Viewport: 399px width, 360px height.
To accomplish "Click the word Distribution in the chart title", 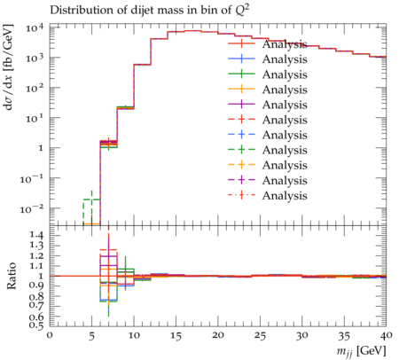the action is pos(78,11).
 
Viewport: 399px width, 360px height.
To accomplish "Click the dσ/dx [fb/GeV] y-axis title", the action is pos(9,67).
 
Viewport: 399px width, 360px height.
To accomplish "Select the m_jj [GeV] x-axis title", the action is pos(361,351).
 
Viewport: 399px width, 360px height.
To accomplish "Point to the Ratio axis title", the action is pos(11,275).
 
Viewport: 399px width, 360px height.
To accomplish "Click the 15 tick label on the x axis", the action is pos(176,336).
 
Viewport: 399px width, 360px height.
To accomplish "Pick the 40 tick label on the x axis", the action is pos(387,335).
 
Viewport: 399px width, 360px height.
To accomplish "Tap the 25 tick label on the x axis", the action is pos(260,336).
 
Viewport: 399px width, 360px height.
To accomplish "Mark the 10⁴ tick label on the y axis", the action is pos(35,28).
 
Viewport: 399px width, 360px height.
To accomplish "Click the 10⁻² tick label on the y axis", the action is pos(32,209).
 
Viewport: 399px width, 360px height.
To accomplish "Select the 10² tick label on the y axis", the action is pos(35,89).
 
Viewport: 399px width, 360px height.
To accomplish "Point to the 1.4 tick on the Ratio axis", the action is pos(36,236).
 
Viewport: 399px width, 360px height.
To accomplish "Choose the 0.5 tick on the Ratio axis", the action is pos(36,325).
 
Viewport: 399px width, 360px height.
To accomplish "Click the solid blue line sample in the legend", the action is pos(241,59).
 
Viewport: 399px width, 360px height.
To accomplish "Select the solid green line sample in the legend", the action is pos(241,74).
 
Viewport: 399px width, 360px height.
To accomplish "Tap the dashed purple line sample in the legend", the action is pos(241,180).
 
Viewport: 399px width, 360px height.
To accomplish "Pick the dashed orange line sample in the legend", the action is pos(241,165).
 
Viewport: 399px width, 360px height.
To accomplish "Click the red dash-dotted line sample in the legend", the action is pos(241,195).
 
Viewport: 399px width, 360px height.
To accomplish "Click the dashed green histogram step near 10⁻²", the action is pos(91,200).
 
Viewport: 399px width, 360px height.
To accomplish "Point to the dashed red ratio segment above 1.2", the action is pos(108,250).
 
